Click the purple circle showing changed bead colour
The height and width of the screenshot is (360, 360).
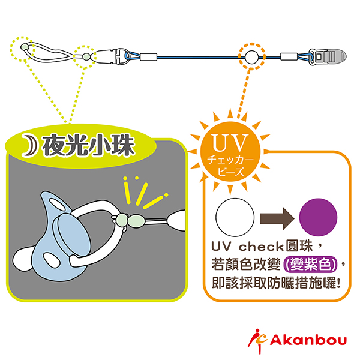pos(317,217)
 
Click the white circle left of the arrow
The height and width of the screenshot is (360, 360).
pos(235,217)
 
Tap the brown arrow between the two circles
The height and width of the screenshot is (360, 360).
pos(277,217)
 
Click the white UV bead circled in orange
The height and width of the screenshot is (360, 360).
pos(251,58)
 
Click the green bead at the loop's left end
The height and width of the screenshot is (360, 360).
pos(25,47)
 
